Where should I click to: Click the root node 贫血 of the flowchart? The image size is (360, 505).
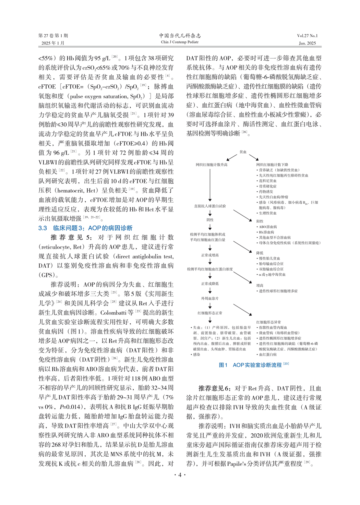(x=243, y=152)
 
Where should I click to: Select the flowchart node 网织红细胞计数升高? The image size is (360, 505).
(x=211, y=165)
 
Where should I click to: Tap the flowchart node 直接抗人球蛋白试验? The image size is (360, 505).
(x=210, y=206)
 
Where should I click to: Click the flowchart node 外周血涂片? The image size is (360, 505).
(x=210, y=298)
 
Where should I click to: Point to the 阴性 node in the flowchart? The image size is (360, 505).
(x=210, y=220)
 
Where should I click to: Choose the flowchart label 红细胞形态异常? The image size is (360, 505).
(x=268, y=322)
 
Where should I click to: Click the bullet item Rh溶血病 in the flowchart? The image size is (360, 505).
(x=266, y=232)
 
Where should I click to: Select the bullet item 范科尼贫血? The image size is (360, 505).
(x=267, y=181)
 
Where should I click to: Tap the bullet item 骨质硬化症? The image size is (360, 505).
(x=267, y=186)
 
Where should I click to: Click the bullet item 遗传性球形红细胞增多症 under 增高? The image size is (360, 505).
(x=278, y=291)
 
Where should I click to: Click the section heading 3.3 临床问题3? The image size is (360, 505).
(x=85, y=228)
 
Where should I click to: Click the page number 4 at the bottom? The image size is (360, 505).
(x=180, y=475)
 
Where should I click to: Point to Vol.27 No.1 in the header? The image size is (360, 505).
(x=307, y=36)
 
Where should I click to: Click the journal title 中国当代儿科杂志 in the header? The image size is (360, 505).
(x=180, y=35)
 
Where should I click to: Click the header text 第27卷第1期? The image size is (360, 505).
(x=53, y=36)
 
